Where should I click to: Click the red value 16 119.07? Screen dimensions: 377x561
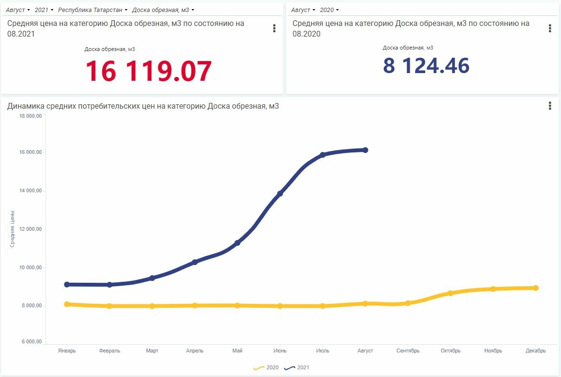coord(148,71)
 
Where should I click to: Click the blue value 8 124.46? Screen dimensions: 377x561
coord(426,65)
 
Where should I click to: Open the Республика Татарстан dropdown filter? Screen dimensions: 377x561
coord(93,10)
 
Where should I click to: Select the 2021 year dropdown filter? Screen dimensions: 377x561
coord(44,10)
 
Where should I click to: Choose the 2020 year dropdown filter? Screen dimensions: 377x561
coord(329,10)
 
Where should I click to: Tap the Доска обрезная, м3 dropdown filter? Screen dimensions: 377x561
coord(163,10)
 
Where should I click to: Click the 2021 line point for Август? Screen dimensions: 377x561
coord(366,150)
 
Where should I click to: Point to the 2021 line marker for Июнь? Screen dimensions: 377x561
coord(280,193)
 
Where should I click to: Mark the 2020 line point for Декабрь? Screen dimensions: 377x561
coord(536,288)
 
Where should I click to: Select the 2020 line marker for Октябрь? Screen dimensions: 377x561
coord(451,293)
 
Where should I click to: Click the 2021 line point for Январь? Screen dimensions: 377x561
coord(67,285)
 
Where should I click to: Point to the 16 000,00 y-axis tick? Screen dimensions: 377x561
coord(30,152)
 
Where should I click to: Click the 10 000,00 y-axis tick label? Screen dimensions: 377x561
coord(30,267)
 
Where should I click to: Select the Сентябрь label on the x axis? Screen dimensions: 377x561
coord(408,351)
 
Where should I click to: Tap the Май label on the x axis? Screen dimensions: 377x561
coord(237,351)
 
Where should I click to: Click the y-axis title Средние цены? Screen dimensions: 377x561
coord(12,229)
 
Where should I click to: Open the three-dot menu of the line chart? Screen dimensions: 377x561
coord(550,106)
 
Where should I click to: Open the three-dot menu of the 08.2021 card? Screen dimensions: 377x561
coord(274,28)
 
